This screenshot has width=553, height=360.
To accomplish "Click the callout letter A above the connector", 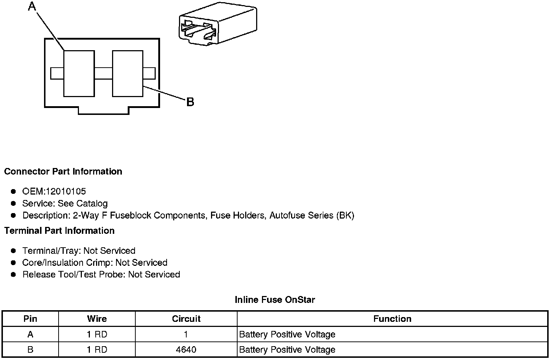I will coord(32,6).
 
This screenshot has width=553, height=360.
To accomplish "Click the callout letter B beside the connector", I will coord(190,102).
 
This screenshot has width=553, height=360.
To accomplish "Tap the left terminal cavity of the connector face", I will coord(79,73).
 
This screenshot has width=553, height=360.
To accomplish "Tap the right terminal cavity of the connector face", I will coord(127,73).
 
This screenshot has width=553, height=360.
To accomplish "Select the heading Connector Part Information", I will coord(63,171).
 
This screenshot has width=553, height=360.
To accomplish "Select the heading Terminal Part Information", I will coord(59,231).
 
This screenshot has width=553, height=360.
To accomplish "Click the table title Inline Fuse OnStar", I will coord(275,300).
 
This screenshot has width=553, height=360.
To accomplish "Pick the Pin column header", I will coord(30,319).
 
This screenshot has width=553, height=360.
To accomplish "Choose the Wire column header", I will coord(97,319).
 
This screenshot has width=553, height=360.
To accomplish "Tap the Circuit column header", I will coord(186,319).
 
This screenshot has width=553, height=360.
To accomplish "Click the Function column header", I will coord(392,319).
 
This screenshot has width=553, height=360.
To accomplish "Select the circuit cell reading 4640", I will coord(186,349).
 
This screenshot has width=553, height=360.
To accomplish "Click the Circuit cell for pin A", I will coord(186,334).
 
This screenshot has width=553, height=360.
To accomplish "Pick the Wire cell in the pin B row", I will coord(97,349).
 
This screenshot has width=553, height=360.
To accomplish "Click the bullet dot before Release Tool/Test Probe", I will coord(13,275).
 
